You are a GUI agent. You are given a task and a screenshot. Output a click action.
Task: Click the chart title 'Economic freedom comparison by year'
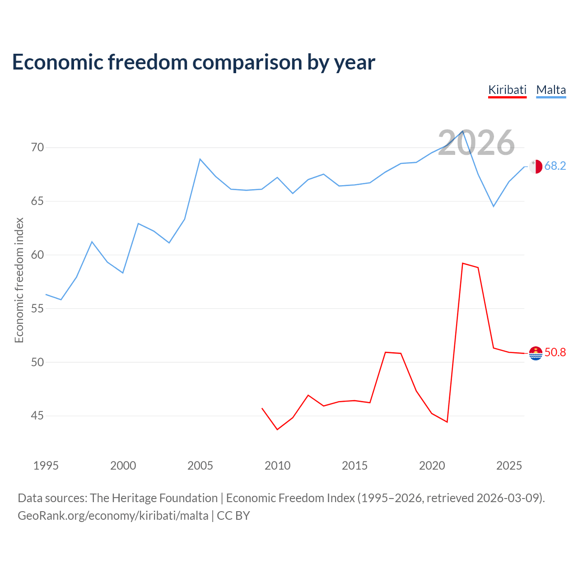tap(194, 62)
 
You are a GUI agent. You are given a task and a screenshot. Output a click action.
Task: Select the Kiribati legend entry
tap(507, 90)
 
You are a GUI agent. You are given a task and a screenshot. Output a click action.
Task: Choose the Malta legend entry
tap(551, 90)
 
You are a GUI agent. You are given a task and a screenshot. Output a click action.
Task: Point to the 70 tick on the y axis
tap(37, 148)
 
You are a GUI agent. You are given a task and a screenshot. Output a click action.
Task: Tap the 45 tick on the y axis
tap(37, 415)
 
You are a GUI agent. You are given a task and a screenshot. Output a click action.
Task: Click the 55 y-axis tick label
tap(37, 308)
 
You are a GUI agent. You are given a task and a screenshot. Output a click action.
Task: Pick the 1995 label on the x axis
tap(46, 466)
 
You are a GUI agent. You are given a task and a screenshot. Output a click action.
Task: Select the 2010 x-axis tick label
tap(277, 466)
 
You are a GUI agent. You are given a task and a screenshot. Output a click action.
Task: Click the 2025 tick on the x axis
tap(509, 466)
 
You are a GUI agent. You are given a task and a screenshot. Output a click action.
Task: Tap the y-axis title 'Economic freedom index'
tap(19, 280)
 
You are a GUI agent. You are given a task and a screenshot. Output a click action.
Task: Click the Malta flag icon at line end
tap(536, 166)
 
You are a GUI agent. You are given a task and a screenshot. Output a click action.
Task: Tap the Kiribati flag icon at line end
tap(536, 353)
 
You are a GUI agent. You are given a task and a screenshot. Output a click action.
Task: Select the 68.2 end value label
tap(555, 166)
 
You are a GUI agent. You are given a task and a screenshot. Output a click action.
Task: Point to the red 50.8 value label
tap(555, 352)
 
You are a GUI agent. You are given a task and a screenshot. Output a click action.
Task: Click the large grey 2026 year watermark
tap(476, 143)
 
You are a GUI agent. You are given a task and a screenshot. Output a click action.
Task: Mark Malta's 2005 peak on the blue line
tap(200, 159)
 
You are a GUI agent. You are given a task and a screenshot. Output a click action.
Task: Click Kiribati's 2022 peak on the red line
tap(463, 263)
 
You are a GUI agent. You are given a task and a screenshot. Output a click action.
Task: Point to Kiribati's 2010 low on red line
tap(277, 429)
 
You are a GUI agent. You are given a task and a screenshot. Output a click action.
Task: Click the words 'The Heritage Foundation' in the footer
tap(154, 498)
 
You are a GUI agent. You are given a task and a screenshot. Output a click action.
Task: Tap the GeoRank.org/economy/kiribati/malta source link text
tap(113, 516)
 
